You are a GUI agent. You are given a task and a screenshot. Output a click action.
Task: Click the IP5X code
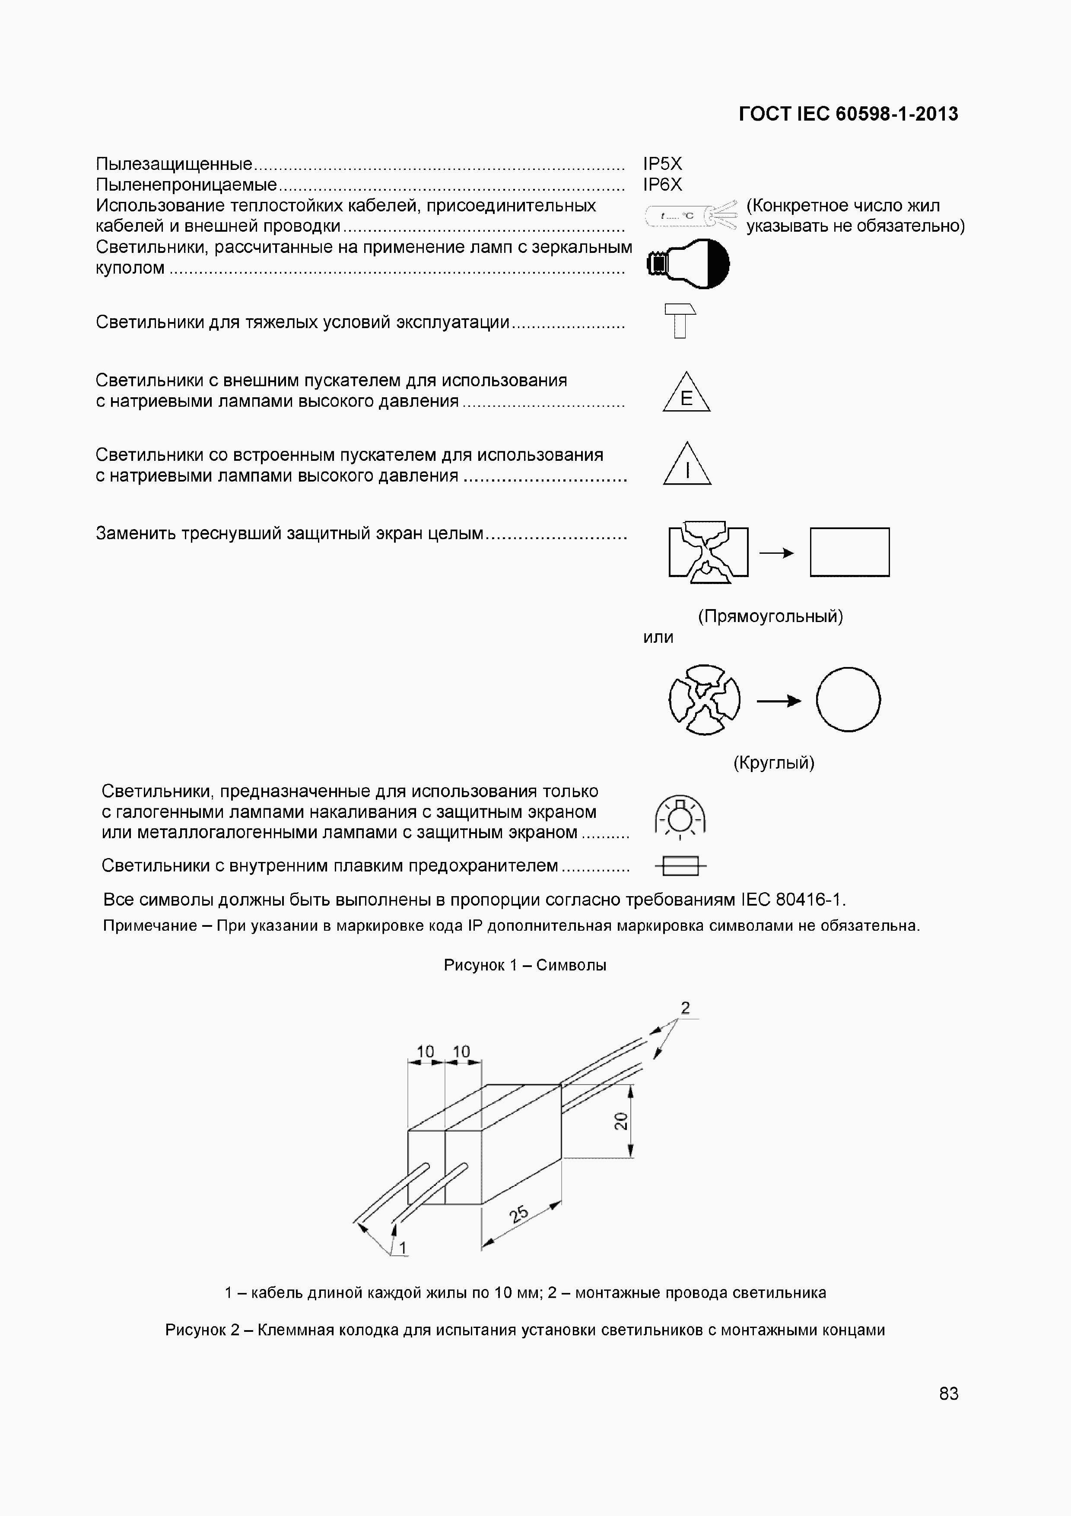pos(663,164)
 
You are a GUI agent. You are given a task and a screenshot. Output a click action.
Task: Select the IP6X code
pos(663,185)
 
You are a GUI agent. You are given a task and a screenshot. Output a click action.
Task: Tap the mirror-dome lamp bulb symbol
pos(688,263)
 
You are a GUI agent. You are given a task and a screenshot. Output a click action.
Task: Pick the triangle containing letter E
pos(686,395)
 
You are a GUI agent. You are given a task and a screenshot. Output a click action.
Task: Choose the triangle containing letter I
pos(687,466)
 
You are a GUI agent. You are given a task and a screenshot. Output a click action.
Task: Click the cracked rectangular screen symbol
pos(708,552)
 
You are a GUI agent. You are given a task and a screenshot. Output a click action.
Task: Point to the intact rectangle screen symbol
pos(849,552)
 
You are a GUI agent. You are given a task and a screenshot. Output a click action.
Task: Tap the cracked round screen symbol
pos(704,699)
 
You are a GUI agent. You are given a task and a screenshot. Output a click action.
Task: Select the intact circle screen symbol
pos(848,699)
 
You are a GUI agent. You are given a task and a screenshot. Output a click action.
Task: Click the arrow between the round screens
pos(779,701)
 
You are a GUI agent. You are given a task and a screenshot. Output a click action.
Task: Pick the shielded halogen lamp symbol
pos(680,817)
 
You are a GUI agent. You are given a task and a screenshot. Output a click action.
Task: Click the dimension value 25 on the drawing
pos(519,1213)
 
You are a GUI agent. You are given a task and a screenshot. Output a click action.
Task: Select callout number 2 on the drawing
pos(686,1008)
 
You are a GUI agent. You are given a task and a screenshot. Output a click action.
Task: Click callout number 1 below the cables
pos(403,1247)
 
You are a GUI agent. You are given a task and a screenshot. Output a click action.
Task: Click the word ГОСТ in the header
pos(765,114)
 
